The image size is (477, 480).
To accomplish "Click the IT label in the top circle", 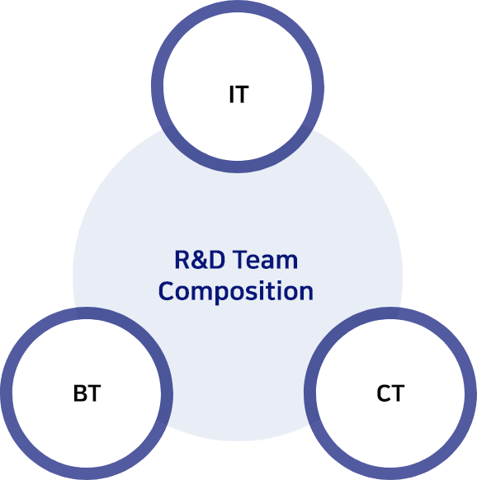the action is point(239,94).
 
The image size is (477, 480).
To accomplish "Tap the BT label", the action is point(87,393).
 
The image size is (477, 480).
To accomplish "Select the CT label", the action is point(390,393).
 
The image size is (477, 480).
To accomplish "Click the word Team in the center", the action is point(267,260).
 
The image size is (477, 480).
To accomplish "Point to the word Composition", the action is point(236,291).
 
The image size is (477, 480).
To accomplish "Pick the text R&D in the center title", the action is point(200,260).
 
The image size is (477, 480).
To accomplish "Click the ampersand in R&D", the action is point(200,260).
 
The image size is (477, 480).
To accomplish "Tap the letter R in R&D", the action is point(182,260).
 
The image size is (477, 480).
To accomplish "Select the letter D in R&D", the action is point(217,260).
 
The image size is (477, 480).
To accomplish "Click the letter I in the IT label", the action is point(232,94).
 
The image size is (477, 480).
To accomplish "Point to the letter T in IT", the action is point(242,94).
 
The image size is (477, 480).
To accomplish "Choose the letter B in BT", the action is point(80,393).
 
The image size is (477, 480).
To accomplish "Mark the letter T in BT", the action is point(94,393).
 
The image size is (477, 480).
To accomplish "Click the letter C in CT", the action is point(383,393).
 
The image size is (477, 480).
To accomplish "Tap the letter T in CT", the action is point(398,393).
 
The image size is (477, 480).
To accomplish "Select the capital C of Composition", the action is point(166,291).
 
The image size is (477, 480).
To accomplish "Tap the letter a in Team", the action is point(271,262).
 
